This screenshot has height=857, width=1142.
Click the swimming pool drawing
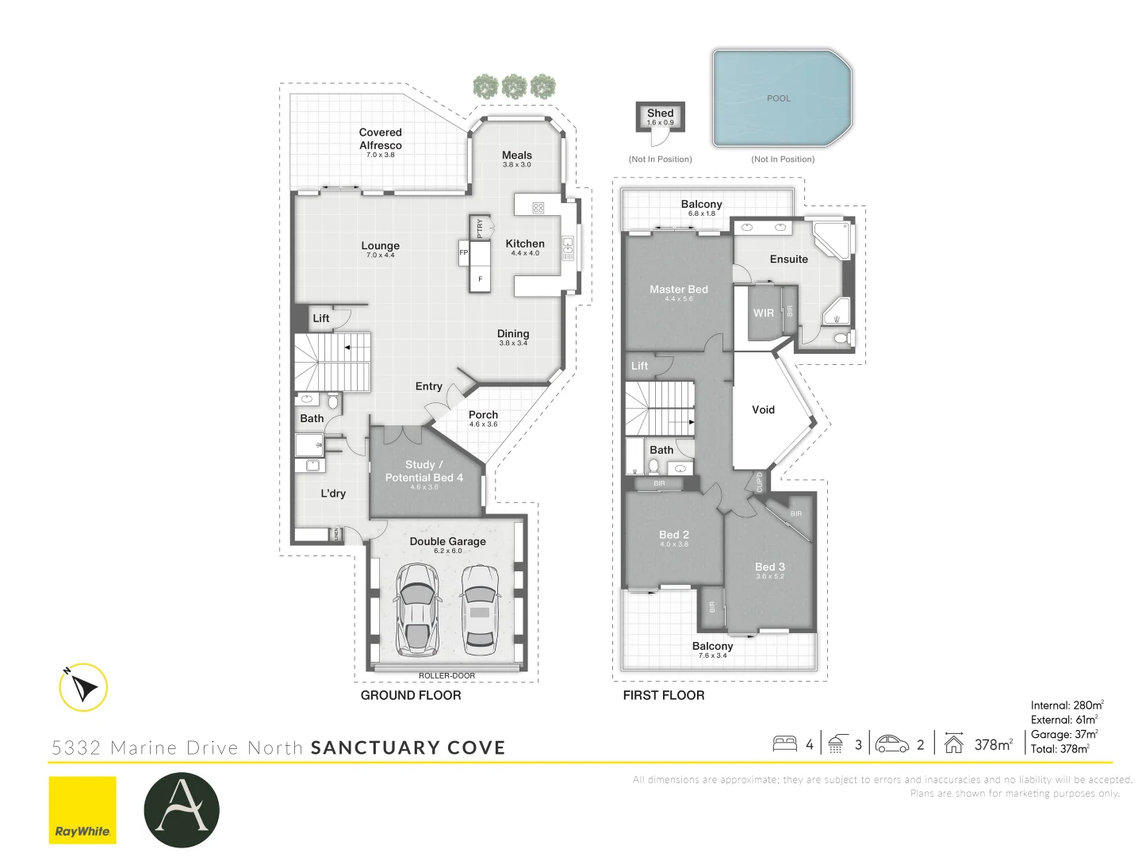pos(781,99)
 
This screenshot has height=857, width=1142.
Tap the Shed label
pos(660,113)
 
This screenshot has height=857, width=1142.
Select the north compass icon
pos(83,687)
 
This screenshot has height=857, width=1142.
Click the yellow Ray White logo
pos(82,809)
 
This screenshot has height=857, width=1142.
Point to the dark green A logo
pos(182,809)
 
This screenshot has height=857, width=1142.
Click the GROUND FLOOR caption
pos(411,695)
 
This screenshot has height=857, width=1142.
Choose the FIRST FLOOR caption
pos(664,695)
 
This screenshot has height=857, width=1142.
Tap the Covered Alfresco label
pos(381,139)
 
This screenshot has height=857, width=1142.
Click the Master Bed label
pos(679,290)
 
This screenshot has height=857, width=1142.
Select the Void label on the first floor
pos(763,409)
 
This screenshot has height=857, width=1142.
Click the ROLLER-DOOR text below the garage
pos(446,676)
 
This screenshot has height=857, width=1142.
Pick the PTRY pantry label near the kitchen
pos(480,229)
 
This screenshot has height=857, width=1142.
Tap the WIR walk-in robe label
pos(763,313)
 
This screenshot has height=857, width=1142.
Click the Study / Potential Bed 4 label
pos(424,471)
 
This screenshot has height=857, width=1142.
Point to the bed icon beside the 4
pos(785,744)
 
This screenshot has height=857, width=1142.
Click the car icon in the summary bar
pos(892,744)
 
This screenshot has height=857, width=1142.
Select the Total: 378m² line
pos(1060,749)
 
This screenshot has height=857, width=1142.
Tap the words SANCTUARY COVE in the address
pos(408,747)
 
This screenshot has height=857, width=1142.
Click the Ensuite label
pos(788,259)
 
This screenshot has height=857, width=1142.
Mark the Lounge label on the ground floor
pos(381,246)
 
